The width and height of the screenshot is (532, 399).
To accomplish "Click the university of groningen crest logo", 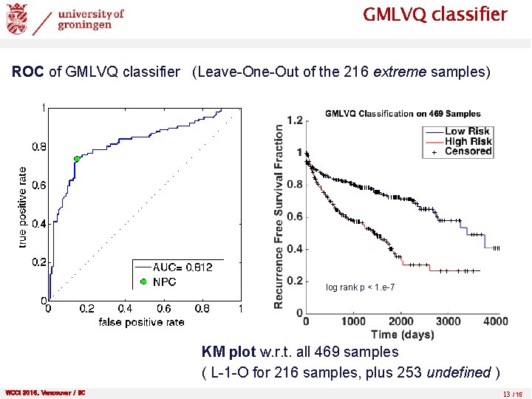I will point(17,18).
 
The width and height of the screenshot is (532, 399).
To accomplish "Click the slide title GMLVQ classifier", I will point(434,15).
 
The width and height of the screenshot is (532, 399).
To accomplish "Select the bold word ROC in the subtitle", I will point(29,72).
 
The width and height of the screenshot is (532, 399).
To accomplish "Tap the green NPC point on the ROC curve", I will point(77,159).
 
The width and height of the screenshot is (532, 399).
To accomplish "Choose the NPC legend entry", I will point(164,282).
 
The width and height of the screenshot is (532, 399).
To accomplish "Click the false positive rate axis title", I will point(141,322).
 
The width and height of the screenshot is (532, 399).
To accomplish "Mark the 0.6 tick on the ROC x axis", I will point(163,309).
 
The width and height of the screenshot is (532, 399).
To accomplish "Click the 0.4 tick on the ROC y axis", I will point(35,223).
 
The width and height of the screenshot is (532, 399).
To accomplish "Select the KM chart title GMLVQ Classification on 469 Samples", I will point(403,114).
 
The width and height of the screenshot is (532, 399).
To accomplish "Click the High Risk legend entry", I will point(468,141).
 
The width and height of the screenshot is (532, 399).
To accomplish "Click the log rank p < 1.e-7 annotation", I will point(365,287).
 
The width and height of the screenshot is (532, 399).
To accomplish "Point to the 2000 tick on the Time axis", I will point(400,321).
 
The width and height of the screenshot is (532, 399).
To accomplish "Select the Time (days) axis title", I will point(402,335).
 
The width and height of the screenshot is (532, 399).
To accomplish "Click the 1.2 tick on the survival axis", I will point(295,120).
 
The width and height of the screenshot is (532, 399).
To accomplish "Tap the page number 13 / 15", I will point(511,393).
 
